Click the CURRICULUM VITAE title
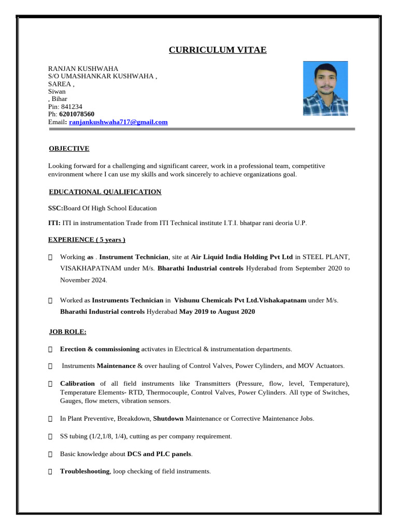[x=218, y=50]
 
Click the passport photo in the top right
[x=325, y=89]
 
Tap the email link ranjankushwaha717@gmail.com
[x=118, y=122]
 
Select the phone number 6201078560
[x=77, y=114]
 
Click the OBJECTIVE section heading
[x=69, y=149]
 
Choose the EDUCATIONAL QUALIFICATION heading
[x=105, y=192]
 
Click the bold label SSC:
[x=55, y=208]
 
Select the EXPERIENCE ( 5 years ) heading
[x=87, y=240]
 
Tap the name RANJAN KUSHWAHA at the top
[x=83, y=69]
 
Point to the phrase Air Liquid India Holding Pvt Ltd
[x=242, y=257]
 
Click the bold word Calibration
[x=77, y=384]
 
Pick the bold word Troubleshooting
[x=84, y=472]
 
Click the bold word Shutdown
[x=168, y=418]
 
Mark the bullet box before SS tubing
[x=50, y=436]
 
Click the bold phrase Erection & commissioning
[x=99, y=349]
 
